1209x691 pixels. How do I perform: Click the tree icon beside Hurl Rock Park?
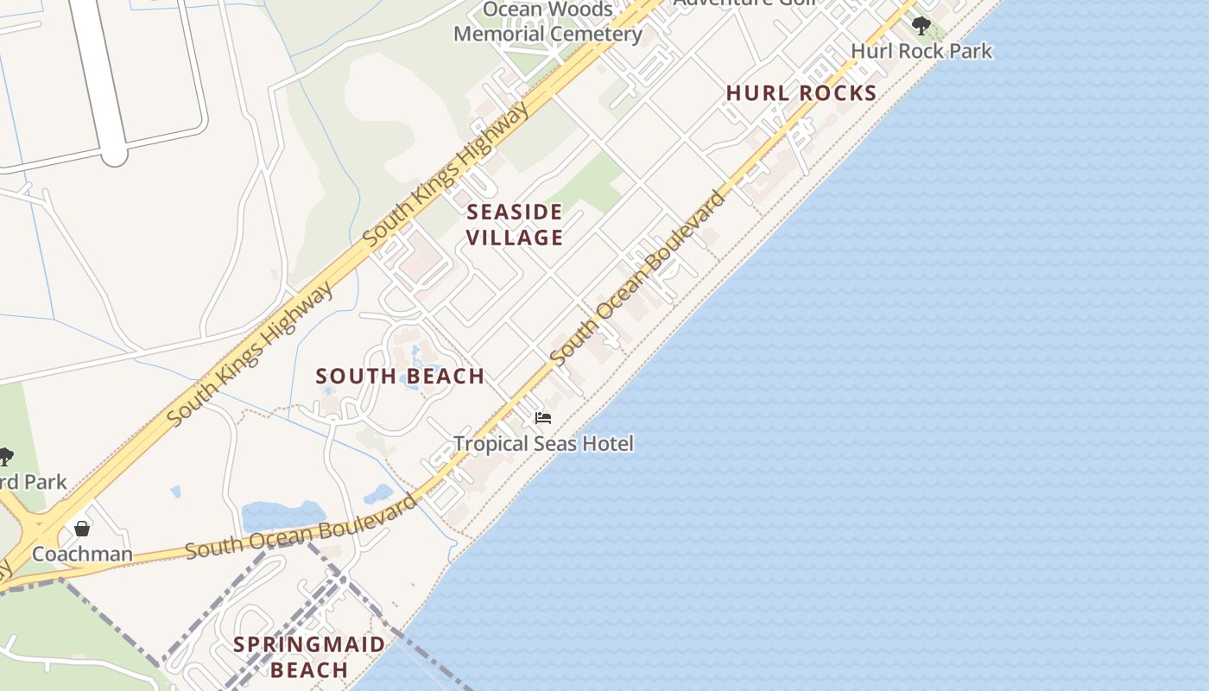[x=921, y=25]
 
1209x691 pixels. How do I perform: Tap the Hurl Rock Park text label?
[x=921, y=51]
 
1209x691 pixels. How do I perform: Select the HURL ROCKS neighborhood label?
[x=801, y=93]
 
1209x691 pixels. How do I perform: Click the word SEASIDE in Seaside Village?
[x=515, y=212]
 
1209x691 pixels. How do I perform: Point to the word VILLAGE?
[x=515, y=238]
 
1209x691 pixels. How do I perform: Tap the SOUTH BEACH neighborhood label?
[x=400, y=377]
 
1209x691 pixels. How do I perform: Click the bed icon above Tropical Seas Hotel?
[x=543, y=418]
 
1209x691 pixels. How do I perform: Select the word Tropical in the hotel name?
[x=494, y=444]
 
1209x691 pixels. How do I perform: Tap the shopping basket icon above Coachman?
[x=82, y=529]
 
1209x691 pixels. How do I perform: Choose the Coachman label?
[x=82, y=554]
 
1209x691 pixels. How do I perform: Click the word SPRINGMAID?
[x=309, y=644]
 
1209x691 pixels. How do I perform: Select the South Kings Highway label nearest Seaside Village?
[x=446, y=175]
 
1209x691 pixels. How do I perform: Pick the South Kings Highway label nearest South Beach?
[x=250, y=354]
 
